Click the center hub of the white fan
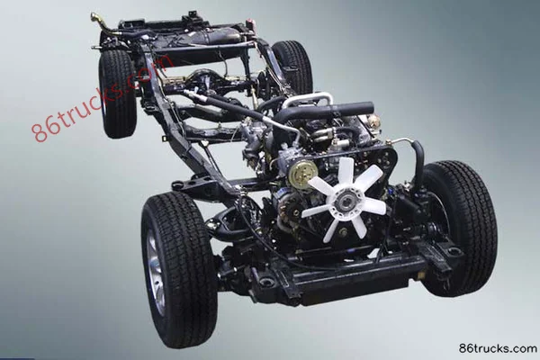[x=345, y=201]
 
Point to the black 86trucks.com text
[x=498, y=348]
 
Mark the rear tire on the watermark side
[x=118, y=94]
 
